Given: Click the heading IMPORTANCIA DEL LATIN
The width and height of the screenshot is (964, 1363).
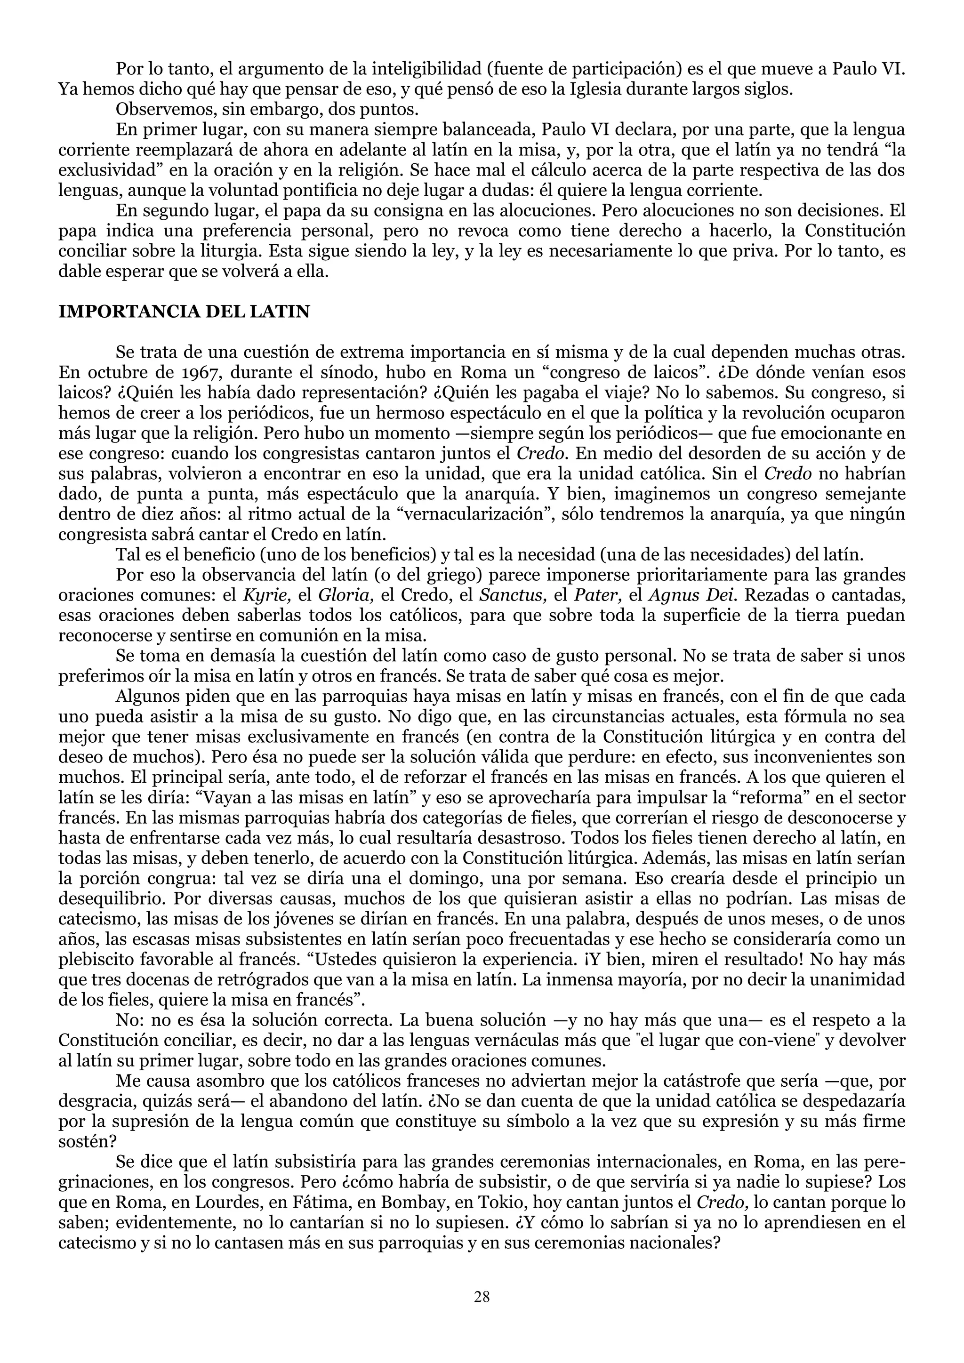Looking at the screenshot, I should [184, 312].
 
